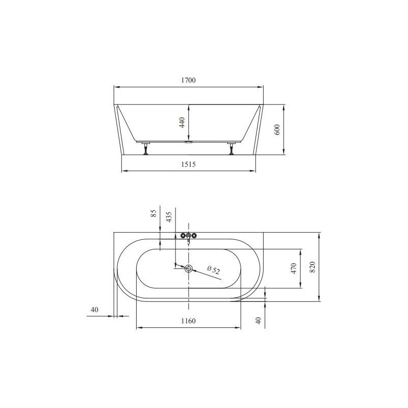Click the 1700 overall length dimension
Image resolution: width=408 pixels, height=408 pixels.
[x=188, y=81]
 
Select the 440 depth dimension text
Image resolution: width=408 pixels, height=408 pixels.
[x=181, y=122]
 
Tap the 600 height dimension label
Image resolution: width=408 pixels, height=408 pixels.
[x=277, y=130]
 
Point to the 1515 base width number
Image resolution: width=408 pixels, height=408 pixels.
[x=188, y=164]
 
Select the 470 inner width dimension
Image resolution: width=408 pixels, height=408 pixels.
[x=294, y=268]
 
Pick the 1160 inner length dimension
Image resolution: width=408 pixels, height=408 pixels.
[x=188, y=321]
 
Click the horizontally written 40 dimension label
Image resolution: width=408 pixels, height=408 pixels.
[x=94, y=310]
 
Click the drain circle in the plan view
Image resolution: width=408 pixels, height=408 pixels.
[x=189, y=269]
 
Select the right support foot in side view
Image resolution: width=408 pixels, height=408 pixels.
[x=233, y=149]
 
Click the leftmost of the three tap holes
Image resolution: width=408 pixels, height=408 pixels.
[x=183, y=236]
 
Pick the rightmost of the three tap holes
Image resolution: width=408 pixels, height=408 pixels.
[x=194, y=236]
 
